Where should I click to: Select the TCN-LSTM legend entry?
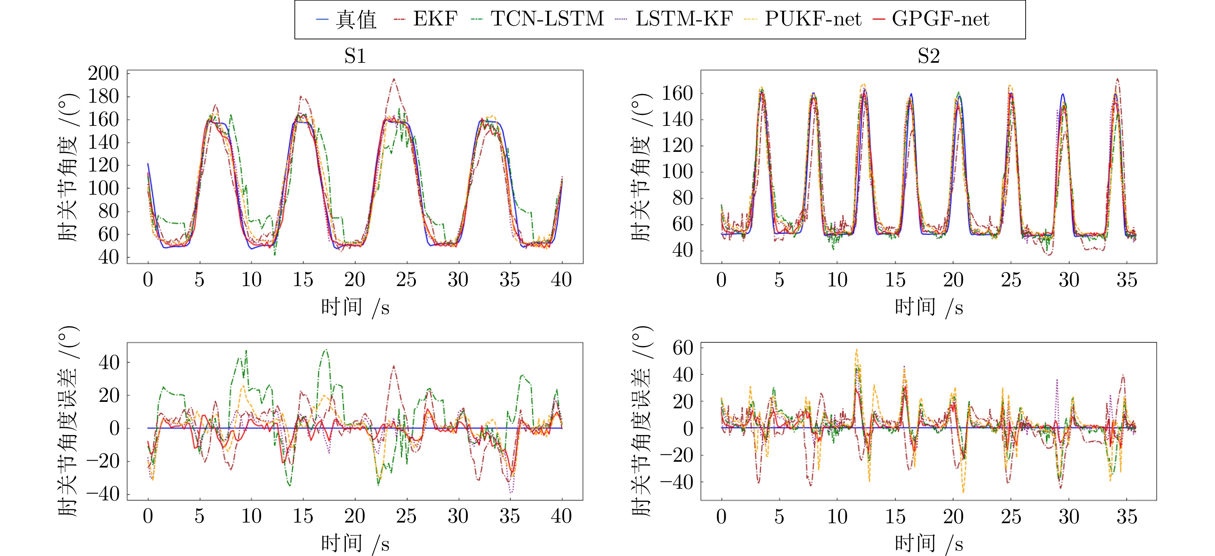(x=547, y=19)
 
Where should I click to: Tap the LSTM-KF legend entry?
(x=684, y=19)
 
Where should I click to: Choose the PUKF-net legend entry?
(x=813, y=19)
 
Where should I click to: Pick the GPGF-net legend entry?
(x=941, y=19)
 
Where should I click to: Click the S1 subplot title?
(x=355, y=56)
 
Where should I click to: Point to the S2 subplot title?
(x=928, y=56)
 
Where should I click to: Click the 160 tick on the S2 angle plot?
(x=677, y=93)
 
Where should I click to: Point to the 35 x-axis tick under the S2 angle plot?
(x=1127, y=280)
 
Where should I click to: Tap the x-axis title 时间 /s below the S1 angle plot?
(x=355, y=308)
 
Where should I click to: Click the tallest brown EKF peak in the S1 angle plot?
(x=394, y=79)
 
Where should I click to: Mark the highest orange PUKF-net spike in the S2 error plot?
(x=857, y=350)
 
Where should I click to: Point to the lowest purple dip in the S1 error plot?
(x=511, y=492)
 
